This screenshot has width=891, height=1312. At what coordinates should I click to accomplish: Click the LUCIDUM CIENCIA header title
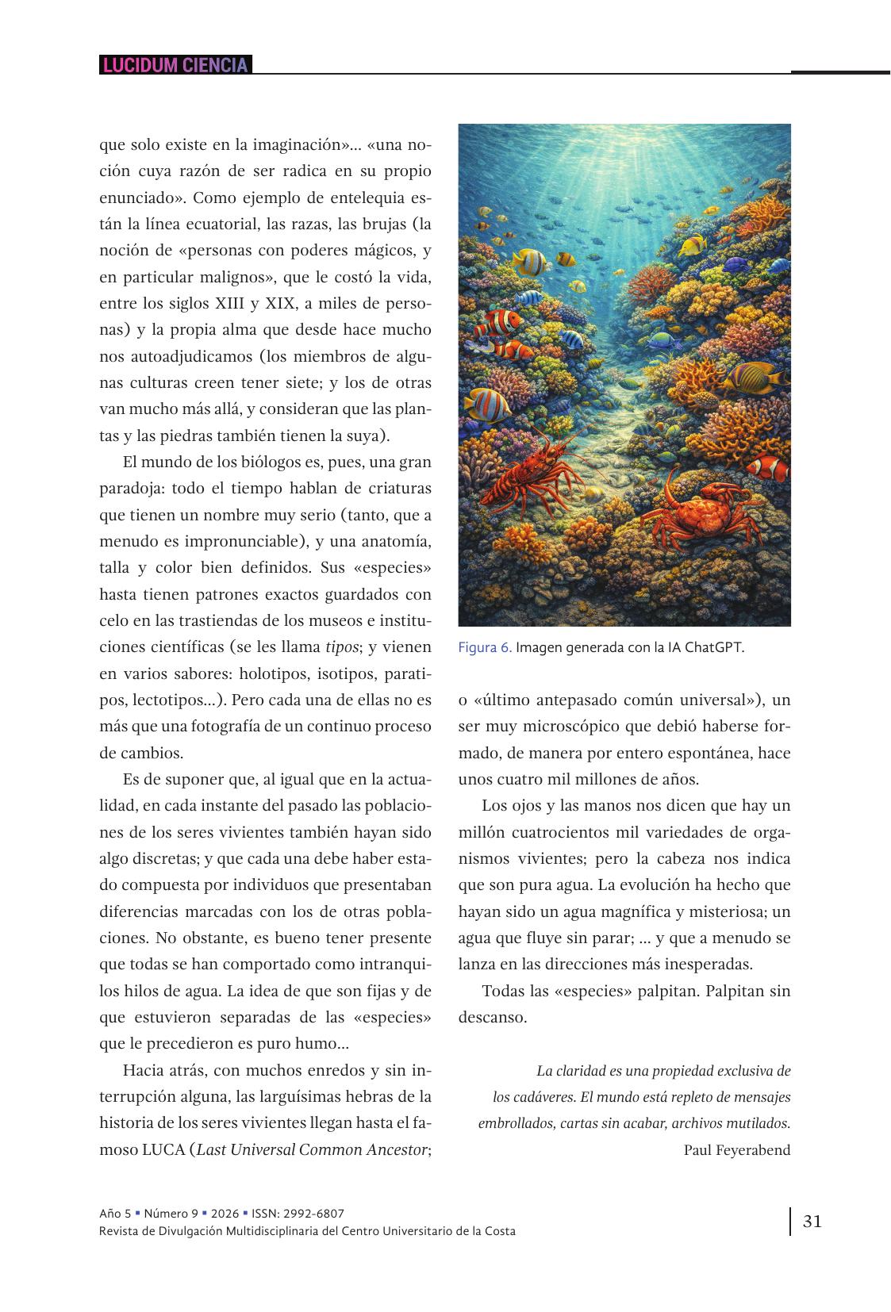click(x=175, y=65)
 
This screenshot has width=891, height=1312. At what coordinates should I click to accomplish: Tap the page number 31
click(x=812, y=1221)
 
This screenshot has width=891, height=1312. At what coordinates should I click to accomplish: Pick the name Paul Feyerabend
click(x=737, y=1149)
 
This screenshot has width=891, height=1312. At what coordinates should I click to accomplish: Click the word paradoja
click(x=132, y=489)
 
